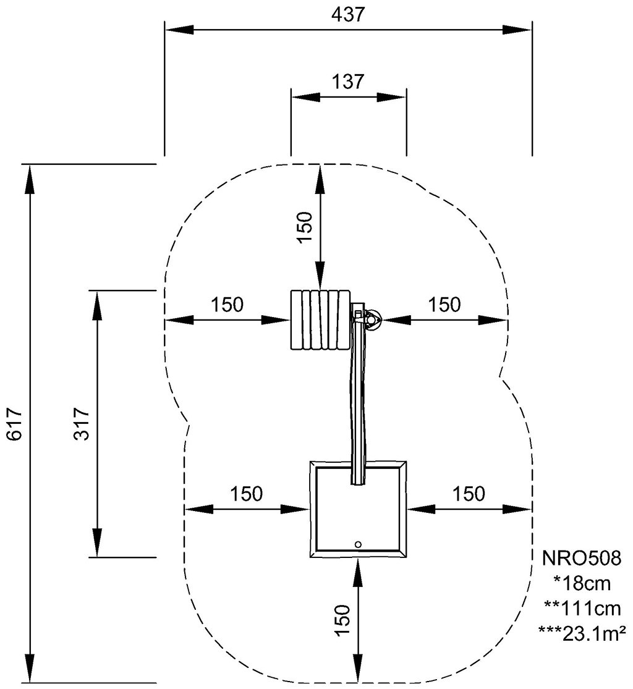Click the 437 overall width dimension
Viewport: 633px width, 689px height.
pyautogui.click(x=348, y=15)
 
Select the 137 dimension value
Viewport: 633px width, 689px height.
pyautogui.click(x=348, y=82)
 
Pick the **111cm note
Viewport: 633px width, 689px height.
pyautogui.click(x=581, y=609)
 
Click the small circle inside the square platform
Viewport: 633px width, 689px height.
pyautogui.click(x=358, y=544)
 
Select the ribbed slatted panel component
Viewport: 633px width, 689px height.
pyautogui.click(x=319, y=319)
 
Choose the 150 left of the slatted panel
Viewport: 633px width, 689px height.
pyautogui.click(x=227, y=304)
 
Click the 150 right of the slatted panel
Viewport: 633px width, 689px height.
pyautogui.click(x=444, y=304)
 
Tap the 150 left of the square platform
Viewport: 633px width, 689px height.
pyautogui.click(x=247, y=493)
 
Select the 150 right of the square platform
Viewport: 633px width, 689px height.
pyautogui.click(x=469, y=493)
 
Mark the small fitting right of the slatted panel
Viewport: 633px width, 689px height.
pyautogui.click(x=371, y=320)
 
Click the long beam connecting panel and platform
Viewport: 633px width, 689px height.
pyautogui.click(x=359, y=402)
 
